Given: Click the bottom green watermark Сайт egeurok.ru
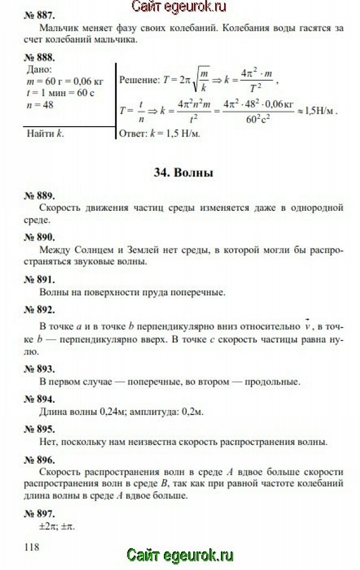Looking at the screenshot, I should pos(180,555).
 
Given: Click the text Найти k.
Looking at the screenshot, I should pos(45,133).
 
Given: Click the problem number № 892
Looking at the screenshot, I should pos(40,309).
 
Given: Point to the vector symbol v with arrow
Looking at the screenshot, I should pos(308,324).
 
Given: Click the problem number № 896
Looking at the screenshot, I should pos(40,459).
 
